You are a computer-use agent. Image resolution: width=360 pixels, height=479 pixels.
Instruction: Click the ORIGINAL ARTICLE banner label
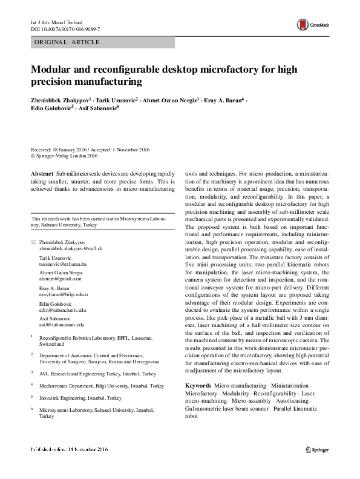tap(67, 42)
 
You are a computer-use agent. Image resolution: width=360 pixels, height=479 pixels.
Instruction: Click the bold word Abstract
tap(42, 173)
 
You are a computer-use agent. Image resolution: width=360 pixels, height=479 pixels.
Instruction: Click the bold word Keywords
tap(198, 385)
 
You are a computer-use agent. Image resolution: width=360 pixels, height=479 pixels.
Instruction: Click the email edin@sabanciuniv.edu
tap(62, 309)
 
